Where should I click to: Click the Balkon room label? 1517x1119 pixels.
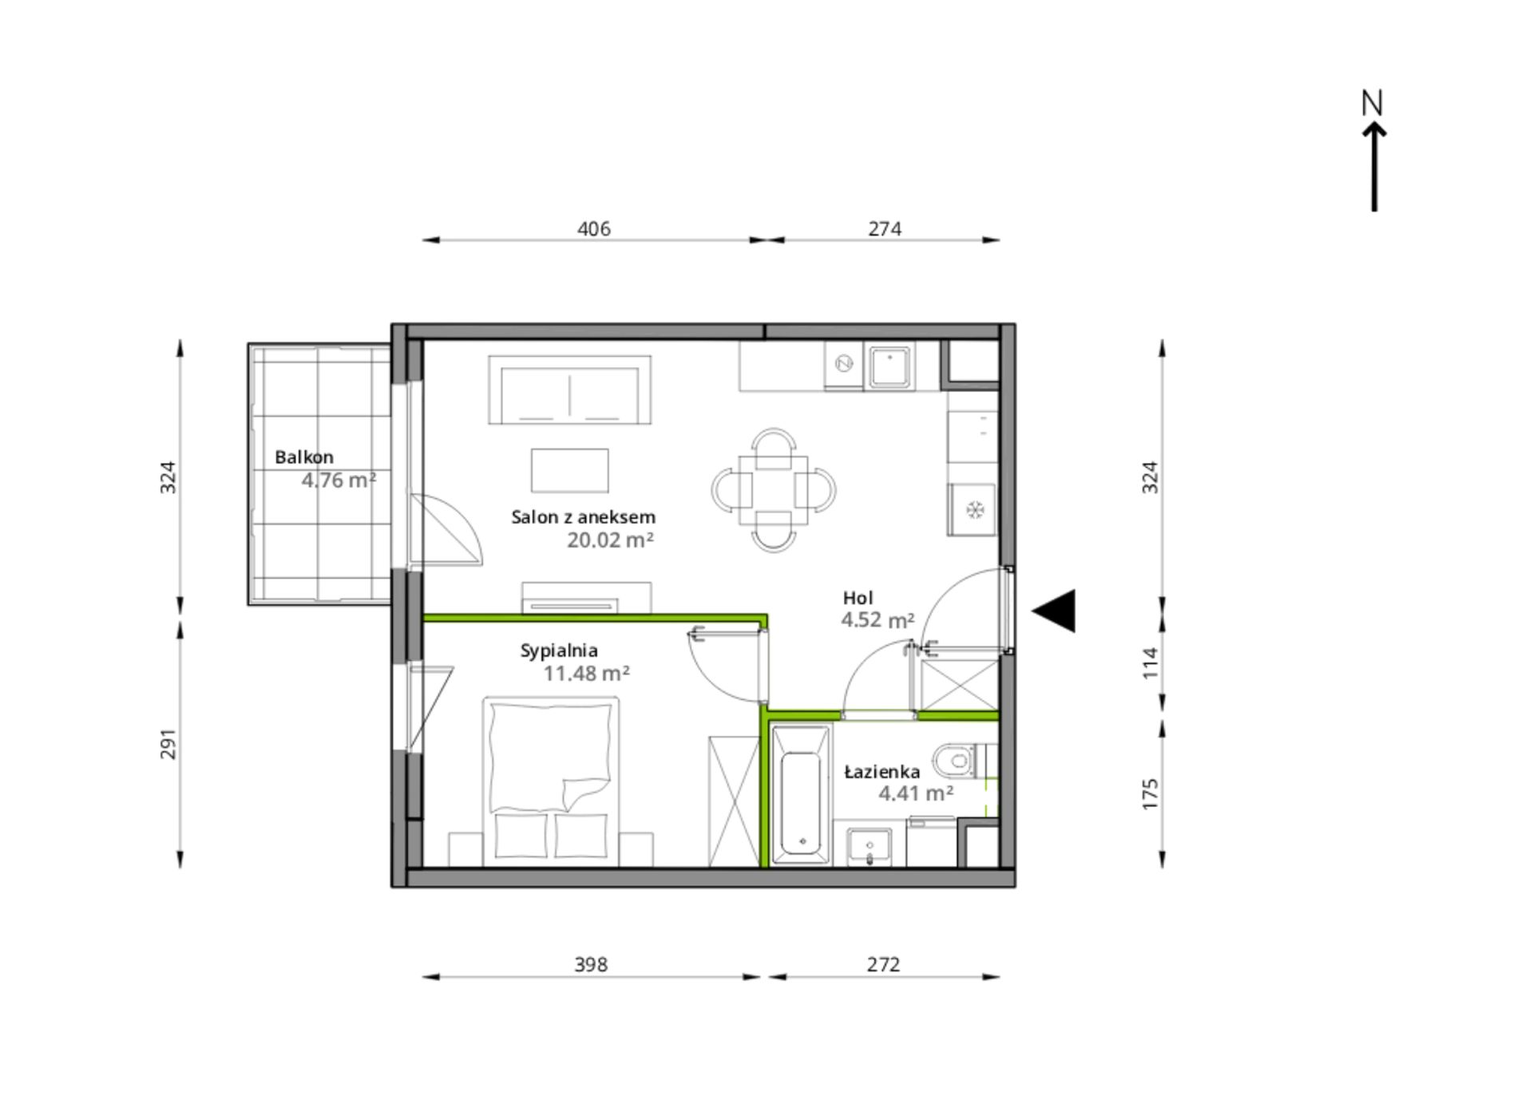304,457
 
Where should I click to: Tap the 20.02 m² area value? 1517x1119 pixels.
610,540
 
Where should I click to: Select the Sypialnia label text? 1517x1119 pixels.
559,651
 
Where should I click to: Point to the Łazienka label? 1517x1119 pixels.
882,772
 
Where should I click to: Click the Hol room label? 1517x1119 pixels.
858,598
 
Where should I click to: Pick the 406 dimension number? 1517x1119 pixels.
593,229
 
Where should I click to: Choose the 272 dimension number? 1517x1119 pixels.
883,965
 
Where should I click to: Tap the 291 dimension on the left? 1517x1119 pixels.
168,744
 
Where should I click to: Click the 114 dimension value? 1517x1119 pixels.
1149,663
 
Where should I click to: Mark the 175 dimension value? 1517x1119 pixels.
1149,794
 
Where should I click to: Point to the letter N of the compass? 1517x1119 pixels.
1372,103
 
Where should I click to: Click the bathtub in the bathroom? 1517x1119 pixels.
801,795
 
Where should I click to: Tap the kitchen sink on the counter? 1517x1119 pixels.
889,366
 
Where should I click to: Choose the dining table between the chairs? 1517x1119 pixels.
773,490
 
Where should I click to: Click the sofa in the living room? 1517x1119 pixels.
569,389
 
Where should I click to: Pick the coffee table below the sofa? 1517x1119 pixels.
569,470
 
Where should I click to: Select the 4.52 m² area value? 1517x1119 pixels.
877,620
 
